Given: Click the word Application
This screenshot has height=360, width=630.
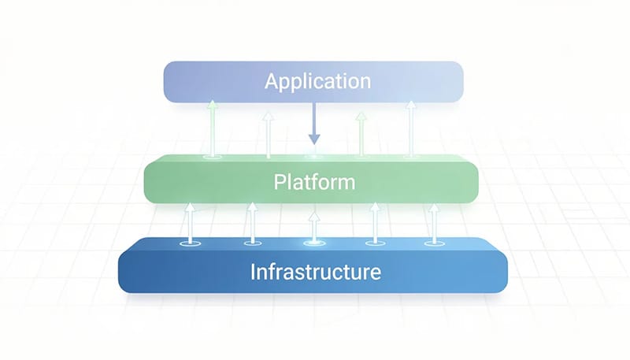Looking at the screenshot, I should pyautogui.click(x=317, y=81).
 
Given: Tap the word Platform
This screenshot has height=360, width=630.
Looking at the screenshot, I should pyautogui.click(x=314, y=183).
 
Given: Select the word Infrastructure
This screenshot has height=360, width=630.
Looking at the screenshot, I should pyautogui.click(x=316, y=273).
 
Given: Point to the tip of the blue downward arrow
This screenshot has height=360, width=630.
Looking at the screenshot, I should pyautogui.click(x=314, y=143).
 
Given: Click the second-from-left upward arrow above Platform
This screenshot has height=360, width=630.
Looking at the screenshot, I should pyautogui.click(x=268, y=132).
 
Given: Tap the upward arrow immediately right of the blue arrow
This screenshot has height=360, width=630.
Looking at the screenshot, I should pyautogui.click(x=361, y=132).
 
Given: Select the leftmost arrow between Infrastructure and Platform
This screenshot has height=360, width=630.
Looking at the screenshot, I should pyautogui.click(x=188, y=223).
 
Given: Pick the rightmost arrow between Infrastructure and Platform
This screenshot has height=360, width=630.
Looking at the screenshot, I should pyautogui.click(x=432, y=223).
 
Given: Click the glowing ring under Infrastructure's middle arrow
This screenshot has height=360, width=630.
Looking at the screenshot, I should pyautogui.click(x=313, y=243).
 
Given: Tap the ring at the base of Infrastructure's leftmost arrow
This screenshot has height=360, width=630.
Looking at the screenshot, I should pyautogui.click(x=188, y=244).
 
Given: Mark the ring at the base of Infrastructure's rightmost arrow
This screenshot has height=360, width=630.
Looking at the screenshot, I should pyautogui.click(x=432, y=243).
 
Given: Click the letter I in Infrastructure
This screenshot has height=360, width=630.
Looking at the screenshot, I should pyautogui.click(x=253, y=273).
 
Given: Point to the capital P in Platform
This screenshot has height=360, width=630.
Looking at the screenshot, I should pyautogui.click(x=279, y=183).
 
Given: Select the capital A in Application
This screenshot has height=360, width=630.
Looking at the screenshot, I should pyautogui.click(x=272, y=81).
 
